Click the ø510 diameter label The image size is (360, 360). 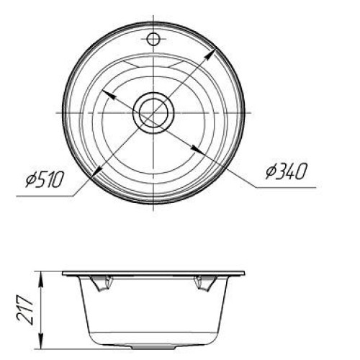[x=45, y=179]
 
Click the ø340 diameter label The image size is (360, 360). [x=287, y=171]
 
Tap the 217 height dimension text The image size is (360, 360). [x=24, y=310]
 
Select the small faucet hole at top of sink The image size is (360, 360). [x=153, y=40]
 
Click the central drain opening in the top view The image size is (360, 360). [x=153, y=113]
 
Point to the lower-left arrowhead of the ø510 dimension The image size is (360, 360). [x=96, y=171]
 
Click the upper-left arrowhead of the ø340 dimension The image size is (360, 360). [x=109, y=94]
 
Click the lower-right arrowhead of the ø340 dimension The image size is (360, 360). [x=197, y=149]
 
